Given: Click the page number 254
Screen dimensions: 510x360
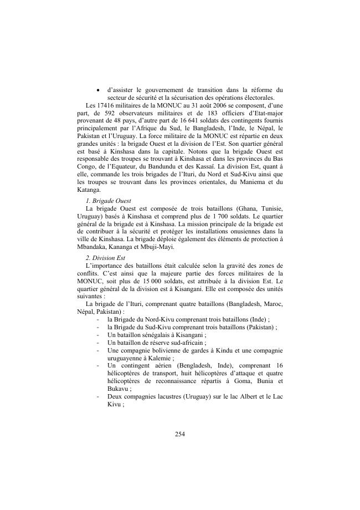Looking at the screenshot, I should [x=179, y=433].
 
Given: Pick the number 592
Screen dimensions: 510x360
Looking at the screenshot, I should [x=98, y=113].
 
